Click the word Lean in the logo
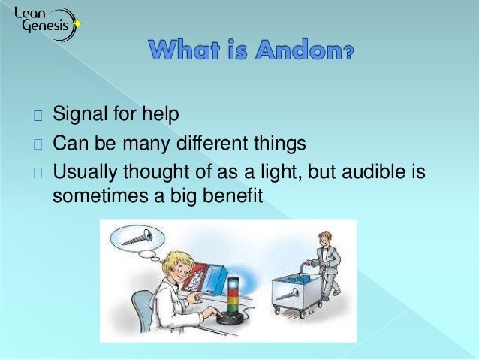coord(28,11)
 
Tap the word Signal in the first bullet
coord(79,116)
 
